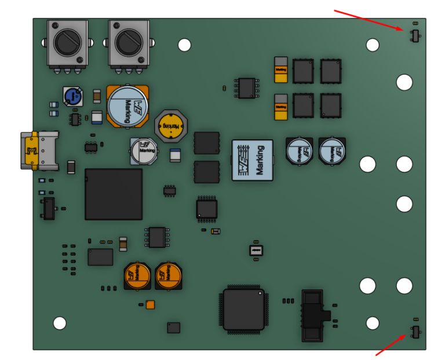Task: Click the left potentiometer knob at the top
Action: point(68,42)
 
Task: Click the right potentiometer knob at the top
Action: point(129,42)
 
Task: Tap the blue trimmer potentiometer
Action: point(72,96)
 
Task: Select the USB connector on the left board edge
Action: point(39,150)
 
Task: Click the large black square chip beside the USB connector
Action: point(114,194)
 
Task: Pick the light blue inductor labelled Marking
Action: point(252,160)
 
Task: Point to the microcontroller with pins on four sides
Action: point(243,309)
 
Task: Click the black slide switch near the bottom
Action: point(315,316)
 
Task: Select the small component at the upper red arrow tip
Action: point(414,36)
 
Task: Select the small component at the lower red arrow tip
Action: point(415,332)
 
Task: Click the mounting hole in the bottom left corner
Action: point(60,323)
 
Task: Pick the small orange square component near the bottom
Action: point(151,304)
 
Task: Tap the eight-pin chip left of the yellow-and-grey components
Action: point(246,88)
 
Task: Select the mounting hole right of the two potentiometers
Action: point(184,45)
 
